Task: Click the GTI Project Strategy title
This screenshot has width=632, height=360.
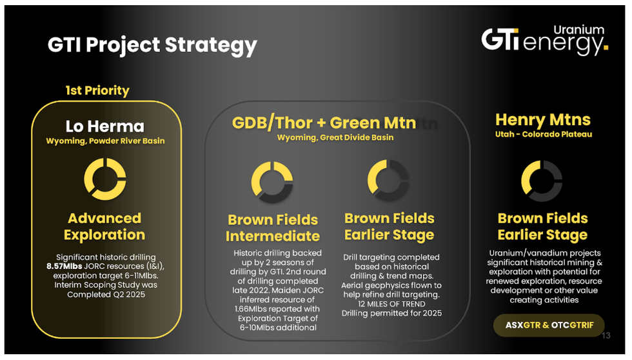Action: click(x=152, y=45)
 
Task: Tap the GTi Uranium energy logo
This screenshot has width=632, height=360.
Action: click(x=544, y=40)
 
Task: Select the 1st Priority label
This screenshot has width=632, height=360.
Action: click(x=97, y=90)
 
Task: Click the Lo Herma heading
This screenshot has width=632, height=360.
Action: click(x=104, y=126)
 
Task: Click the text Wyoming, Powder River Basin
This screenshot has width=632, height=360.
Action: click(x=105, y=141)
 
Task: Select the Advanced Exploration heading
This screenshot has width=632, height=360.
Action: click(x=104, y=226)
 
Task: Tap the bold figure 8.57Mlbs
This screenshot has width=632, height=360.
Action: click(x=64, y=266)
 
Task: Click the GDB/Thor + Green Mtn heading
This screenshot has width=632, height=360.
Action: click(x=324, y=123)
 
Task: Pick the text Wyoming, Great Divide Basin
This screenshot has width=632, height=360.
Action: click(x=335, y=137)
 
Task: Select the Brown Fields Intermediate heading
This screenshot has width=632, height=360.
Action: click(x=273, y=228)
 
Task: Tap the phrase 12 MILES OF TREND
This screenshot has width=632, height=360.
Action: click(x=391, y=304)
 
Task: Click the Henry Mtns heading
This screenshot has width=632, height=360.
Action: click(x=543, y=119)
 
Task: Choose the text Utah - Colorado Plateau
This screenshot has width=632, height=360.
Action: click(x=544, y=134)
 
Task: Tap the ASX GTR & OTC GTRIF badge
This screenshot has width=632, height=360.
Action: click(x=549, y=325)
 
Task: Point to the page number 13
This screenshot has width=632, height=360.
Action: click(x=606, y=335)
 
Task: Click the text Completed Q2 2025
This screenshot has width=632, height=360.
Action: click(x=106, y=294)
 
